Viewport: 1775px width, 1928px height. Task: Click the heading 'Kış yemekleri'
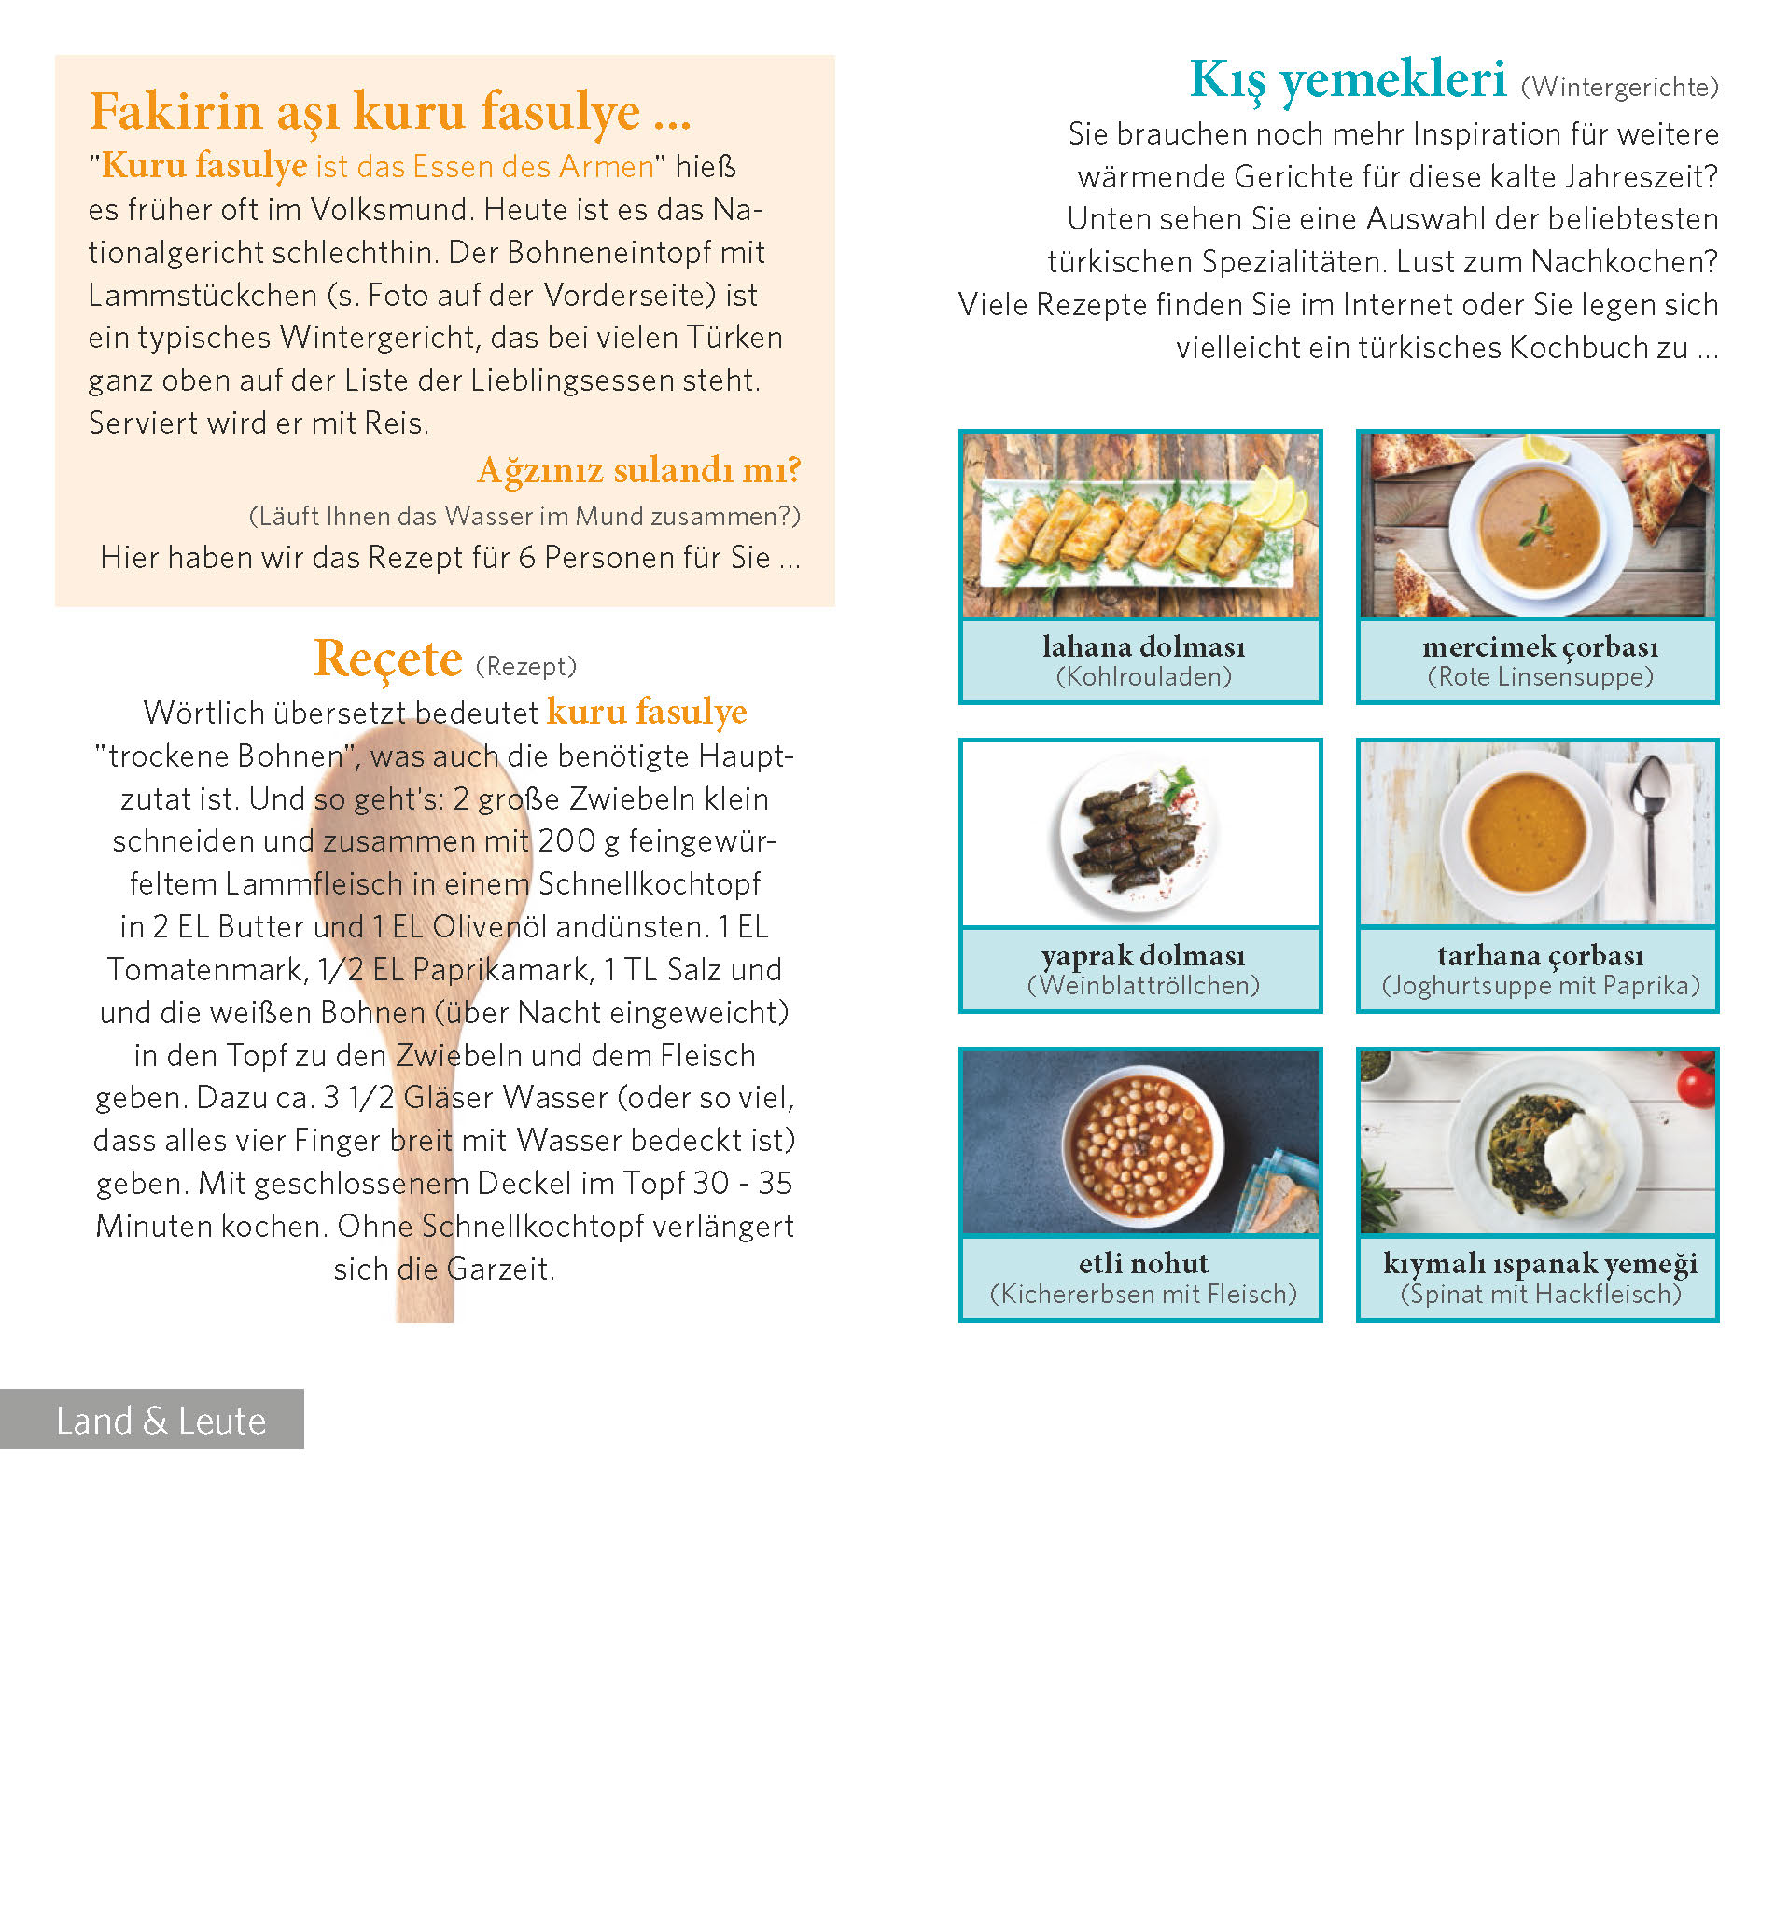click(1347, 79)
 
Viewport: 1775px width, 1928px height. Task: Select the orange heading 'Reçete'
click(388, 659)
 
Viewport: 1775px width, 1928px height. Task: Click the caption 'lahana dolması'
click(1143, 647)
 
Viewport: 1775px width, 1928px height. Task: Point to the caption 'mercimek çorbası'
click(1540, 647)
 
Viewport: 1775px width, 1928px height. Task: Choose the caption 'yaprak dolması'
click(1143, 955)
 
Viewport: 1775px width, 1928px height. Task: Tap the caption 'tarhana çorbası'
click(1540, 955)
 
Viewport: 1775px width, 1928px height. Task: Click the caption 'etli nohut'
click(1143, 1264)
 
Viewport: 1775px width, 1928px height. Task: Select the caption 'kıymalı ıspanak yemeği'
click(1540, 1264)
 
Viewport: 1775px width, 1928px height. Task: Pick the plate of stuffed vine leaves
click(1138, 834)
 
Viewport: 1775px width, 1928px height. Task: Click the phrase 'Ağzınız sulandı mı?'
click(638, 470)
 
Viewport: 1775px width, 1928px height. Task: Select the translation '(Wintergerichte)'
click(1619, 88)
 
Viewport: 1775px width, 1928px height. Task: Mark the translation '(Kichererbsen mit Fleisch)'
click(1143, 1295)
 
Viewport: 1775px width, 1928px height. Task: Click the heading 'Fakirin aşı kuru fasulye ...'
click(390, 111)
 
